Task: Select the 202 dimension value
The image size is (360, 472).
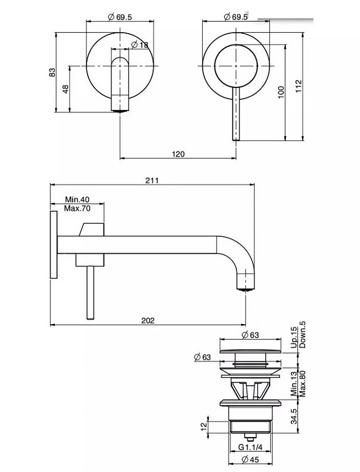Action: (148, 320)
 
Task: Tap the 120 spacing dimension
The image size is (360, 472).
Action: (178, 154)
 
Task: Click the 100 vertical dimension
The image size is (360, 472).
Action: (281, 92)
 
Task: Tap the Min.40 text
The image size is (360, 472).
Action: (77, 199)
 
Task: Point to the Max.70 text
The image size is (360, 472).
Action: (77, 208)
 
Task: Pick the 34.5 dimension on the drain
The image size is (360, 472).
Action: (294, 414)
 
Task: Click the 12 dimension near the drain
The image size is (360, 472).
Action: (204, 426)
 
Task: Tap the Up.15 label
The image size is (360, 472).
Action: (294, 336)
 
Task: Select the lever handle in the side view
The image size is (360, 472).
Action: (89, 291)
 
